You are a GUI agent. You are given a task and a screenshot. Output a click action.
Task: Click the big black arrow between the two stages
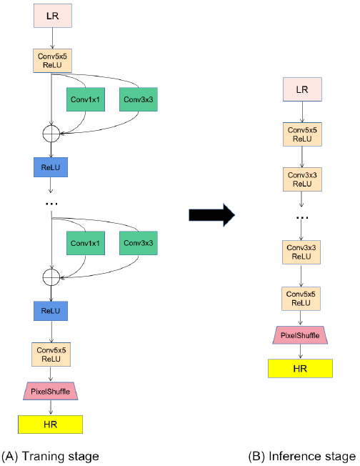(x=211, y=215)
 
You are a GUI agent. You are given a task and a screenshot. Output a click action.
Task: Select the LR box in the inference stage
(x=304, y=89)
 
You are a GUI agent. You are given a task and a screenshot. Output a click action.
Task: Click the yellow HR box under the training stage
(x=51, y=423)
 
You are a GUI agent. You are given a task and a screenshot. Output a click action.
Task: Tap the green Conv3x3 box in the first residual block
(x=138, y=100)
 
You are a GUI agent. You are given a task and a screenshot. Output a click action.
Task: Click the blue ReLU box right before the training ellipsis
(x=51, y=167)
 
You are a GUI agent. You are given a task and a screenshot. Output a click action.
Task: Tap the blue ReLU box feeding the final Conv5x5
(x=51, y=311)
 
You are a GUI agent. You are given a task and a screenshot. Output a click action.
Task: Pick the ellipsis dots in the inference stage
(x=302, y=216)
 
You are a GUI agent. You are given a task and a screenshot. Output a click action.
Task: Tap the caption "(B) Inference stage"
(x=301, y=456)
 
